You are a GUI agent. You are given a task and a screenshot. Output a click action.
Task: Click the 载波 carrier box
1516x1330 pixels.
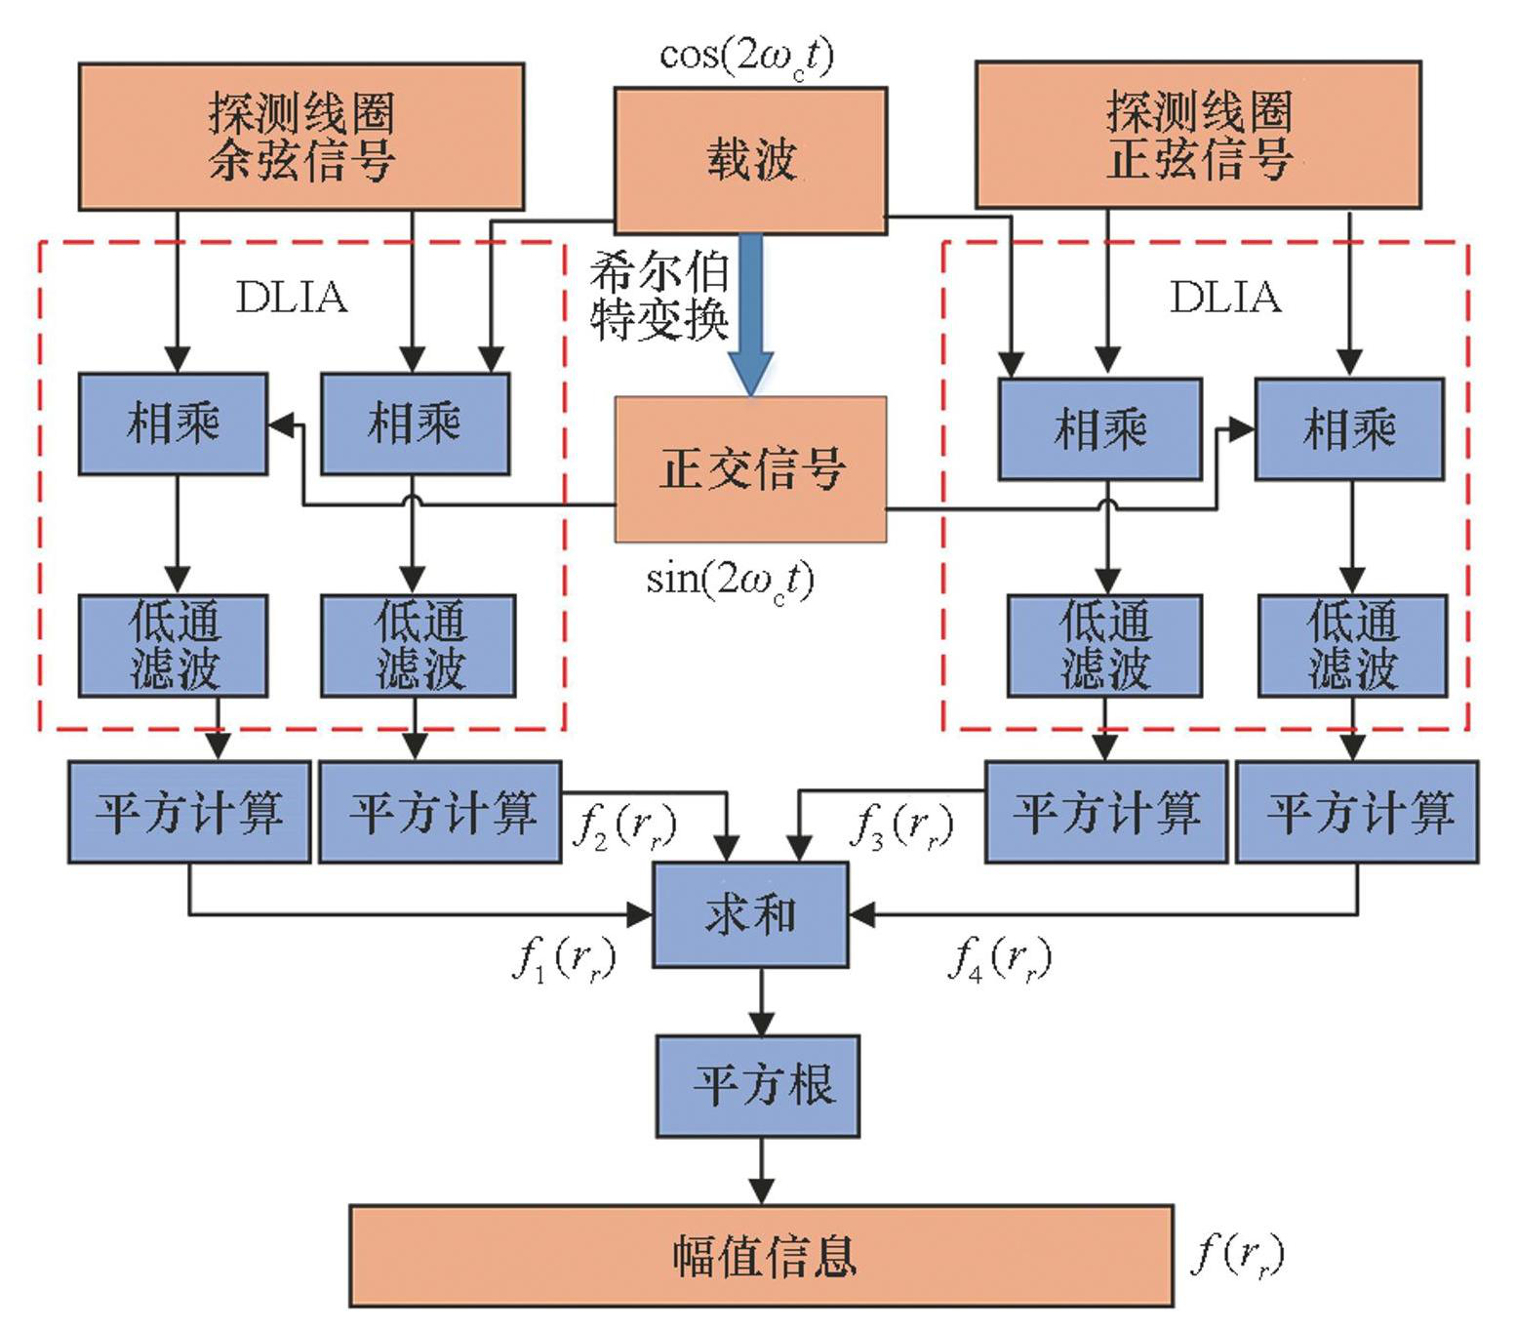[749, 160]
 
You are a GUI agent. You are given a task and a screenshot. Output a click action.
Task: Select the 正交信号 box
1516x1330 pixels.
[749, 468]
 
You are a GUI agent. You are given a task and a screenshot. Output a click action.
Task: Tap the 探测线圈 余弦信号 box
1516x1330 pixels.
[300, 137]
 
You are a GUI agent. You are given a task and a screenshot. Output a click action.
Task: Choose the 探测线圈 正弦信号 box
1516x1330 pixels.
[1198, 135]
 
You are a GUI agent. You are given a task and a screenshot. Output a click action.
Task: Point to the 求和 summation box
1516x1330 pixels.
[749, 914]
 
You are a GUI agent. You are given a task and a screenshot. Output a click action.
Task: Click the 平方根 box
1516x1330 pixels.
[757, 1085]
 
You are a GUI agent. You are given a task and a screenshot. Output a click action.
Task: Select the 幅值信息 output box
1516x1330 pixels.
[761, 1256]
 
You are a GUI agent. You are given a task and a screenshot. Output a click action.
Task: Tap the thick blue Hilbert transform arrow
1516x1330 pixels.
[750, 312]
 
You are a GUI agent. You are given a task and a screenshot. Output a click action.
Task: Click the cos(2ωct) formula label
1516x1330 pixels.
[747, 57]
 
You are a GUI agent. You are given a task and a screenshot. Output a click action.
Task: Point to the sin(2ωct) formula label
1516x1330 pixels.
[730, 581]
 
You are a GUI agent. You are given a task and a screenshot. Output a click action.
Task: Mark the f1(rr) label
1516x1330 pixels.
[564, 959]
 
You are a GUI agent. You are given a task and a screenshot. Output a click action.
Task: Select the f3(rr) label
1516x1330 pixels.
[901, 825]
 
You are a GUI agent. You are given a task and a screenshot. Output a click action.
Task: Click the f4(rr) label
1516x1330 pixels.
[999, 959]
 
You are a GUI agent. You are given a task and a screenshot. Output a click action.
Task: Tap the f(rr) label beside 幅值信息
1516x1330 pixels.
[1237, 1254]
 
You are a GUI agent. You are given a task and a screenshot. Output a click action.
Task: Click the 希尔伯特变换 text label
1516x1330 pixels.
[659, 296]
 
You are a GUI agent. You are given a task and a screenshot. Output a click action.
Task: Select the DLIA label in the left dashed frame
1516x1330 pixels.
[292, 298]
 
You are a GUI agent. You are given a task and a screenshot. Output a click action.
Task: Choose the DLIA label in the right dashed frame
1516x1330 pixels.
[1225, 298]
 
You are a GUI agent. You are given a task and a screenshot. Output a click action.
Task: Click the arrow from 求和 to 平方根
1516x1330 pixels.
[761, 1001]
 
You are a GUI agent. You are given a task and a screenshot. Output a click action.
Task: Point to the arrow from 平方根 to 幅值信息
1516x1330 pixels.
[761, 1171]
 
